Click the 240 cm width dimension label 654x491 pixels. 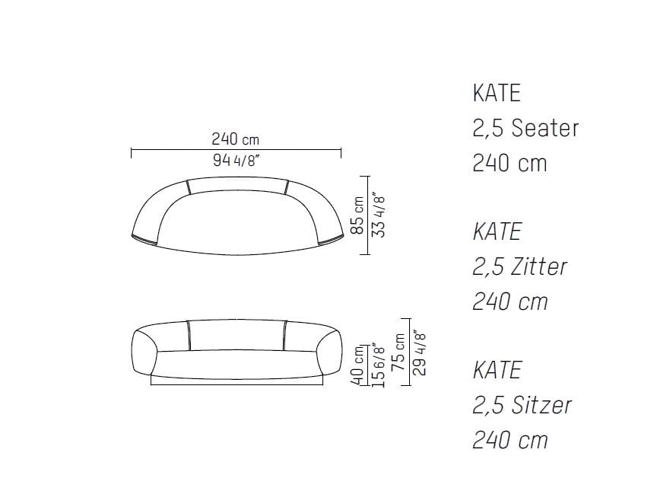pos(235,139)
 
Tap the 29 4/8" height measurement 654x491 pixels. pos(418,352)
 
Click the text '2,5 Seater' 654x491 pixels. pos(525,128)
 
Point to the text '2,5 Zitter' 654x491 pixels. pos(519,266)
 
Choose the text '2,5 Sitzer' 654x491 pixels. pos(522,405)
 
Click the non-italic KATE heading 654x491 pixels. pos(497,93)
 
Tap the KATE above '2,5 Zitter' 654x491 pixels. pos(497,231)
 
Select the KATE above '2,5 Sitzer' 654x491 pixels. pos(497,370)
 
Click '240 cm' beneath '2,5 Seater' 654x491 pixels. pos(510,163)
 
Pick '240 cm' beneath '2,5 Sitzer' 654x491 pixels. pos(510,440)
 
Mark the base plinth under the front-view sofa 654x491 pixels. pos(236,381)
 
